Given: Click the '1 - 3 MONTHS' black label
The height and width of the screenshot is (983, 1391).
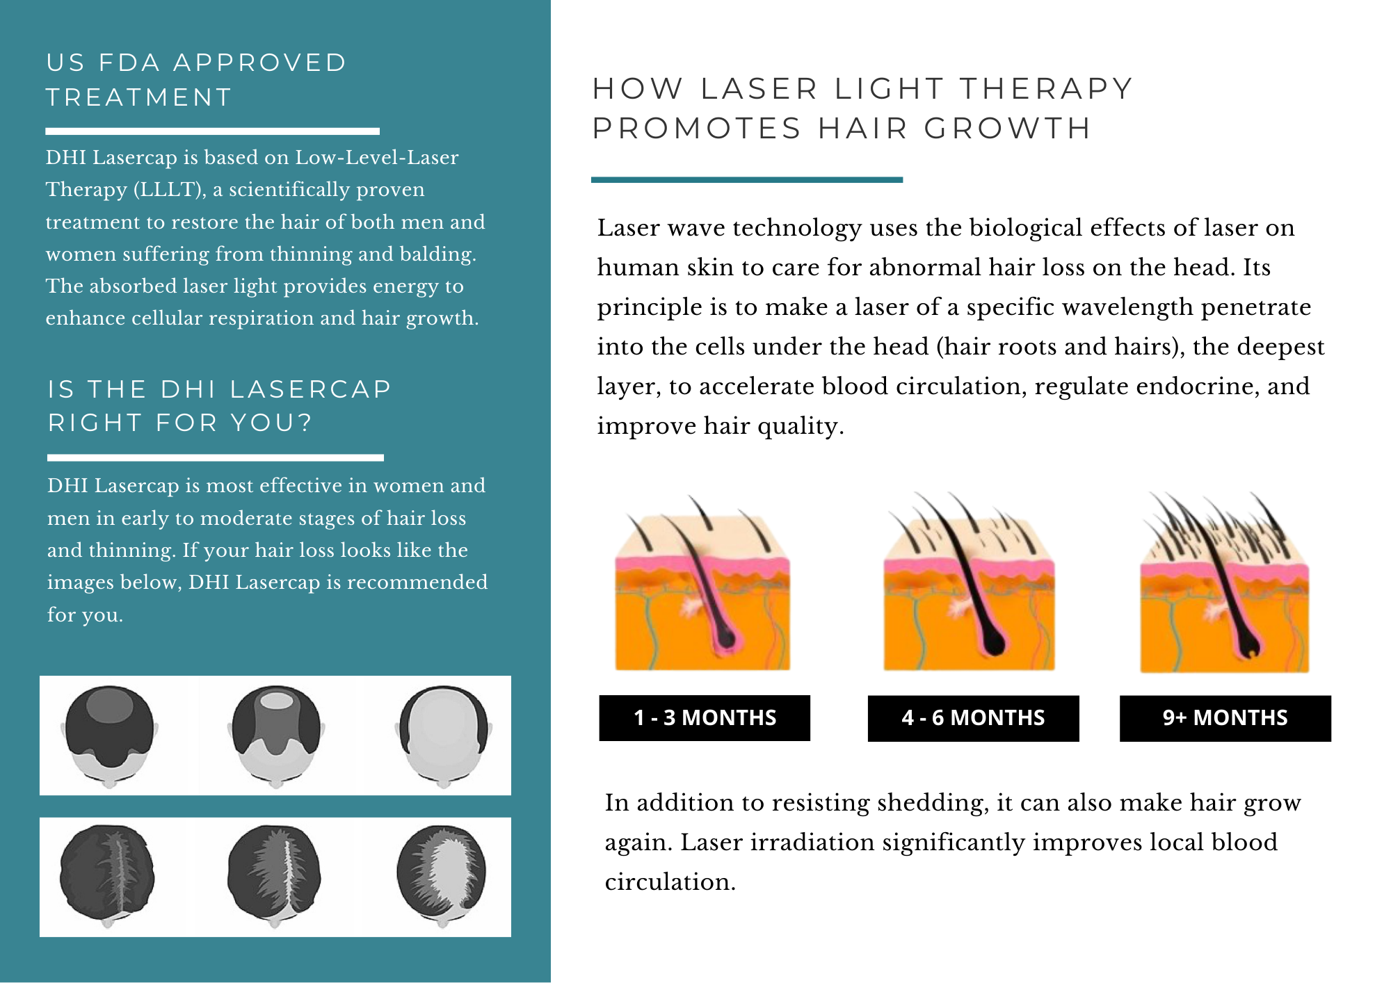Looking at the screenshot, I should point(705,717).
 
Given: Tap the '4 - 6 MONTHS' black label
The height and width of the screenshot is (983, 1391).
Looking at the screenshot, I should point(973,717).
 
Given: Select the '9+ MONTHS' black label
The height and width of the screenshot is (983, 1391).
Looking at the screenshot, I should point(1225,717).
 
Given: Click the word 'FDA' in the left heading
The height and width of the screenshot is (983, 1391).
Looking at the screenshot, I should point(129,63).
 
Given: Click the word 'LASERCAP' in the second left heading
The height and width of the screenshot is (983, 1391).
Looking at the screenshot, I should point(311,389).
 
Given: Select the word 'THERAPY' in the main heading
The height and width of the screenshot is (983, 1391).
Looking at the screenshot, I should point(1047,89).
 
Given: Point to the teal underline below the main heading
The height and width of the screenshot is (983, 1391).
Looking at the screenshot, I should point(746,179).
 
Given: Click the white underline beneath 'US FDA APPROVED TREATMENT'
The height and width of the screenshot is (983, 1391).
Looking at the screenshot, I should point(212,131).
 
